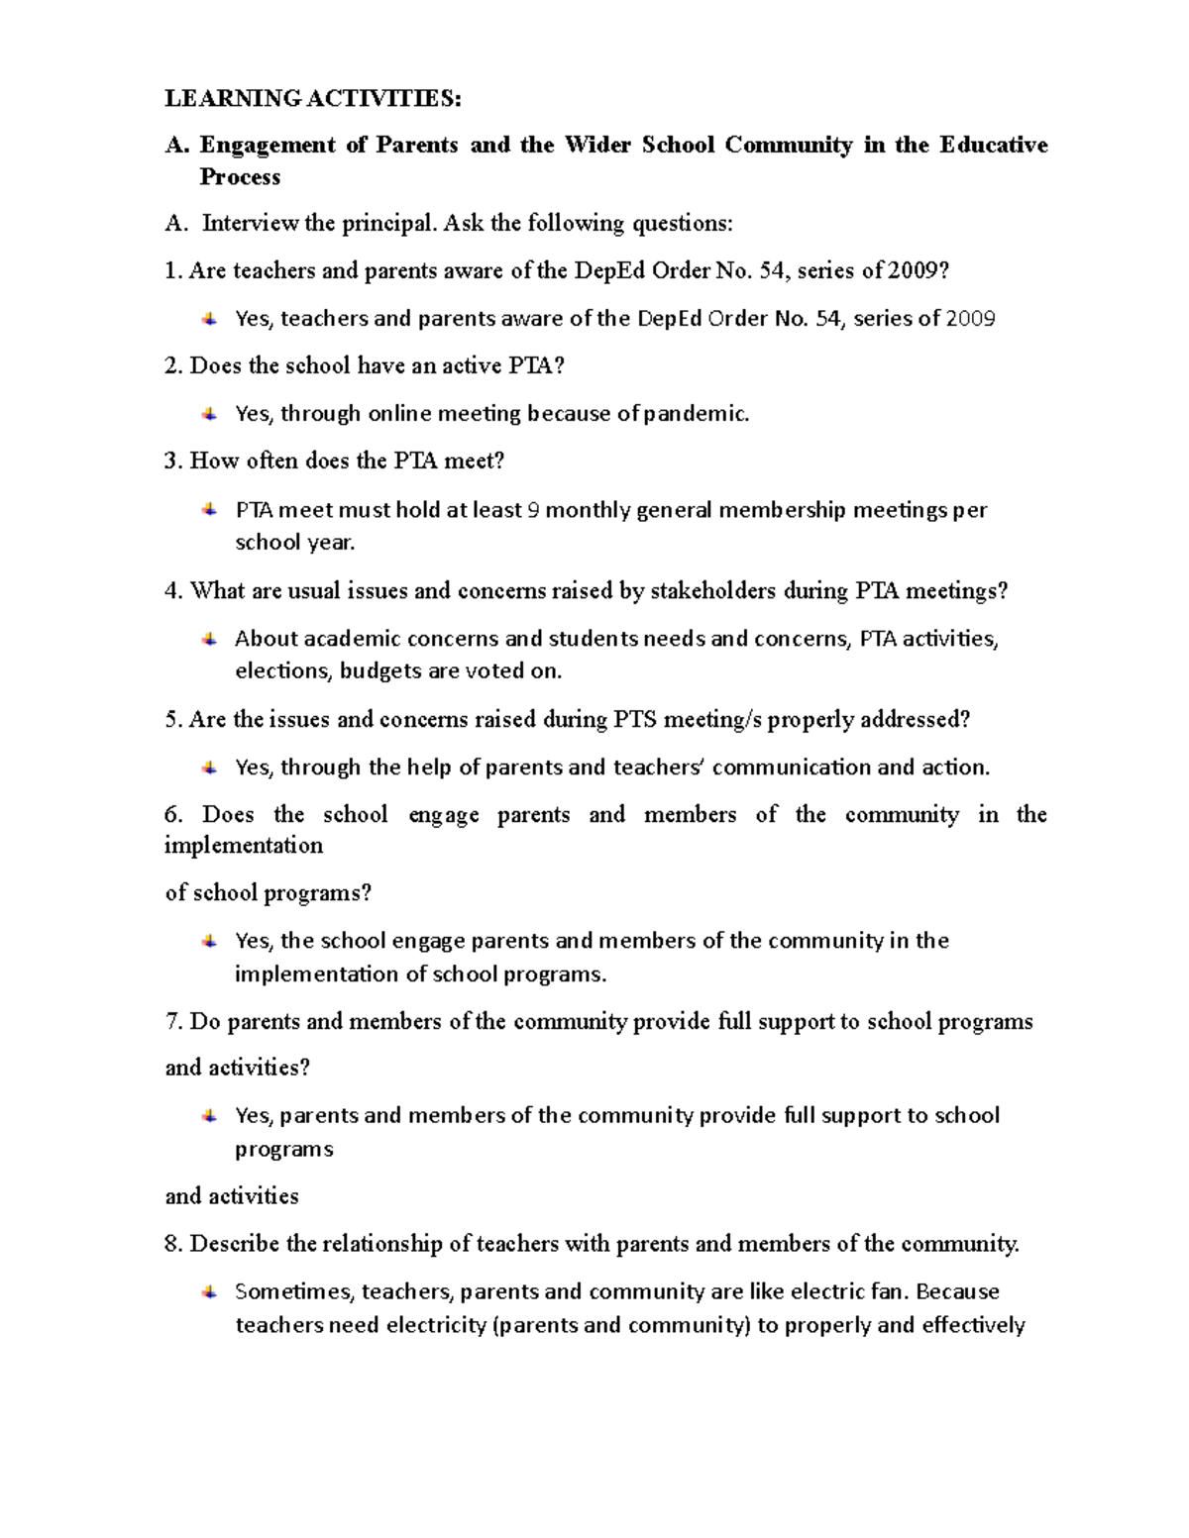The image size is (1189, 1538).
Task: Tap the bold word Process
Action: (x=240, y=177)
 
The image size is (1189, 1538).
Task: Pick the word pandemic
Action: (x=697, y=414)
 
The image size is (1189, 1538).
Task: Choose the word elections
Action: (x=281, y=671)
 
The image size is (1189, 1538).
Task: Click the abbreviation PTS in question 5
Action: (x=635, y=719)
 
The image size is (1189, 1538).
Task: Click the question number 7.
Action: (x=173, y=1021)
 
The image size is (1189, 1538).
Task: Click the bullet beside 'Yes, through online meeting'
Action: (x=209, y=413)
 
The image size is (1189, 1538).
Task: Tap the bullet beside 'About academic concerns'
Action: (x=209, y=639)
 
